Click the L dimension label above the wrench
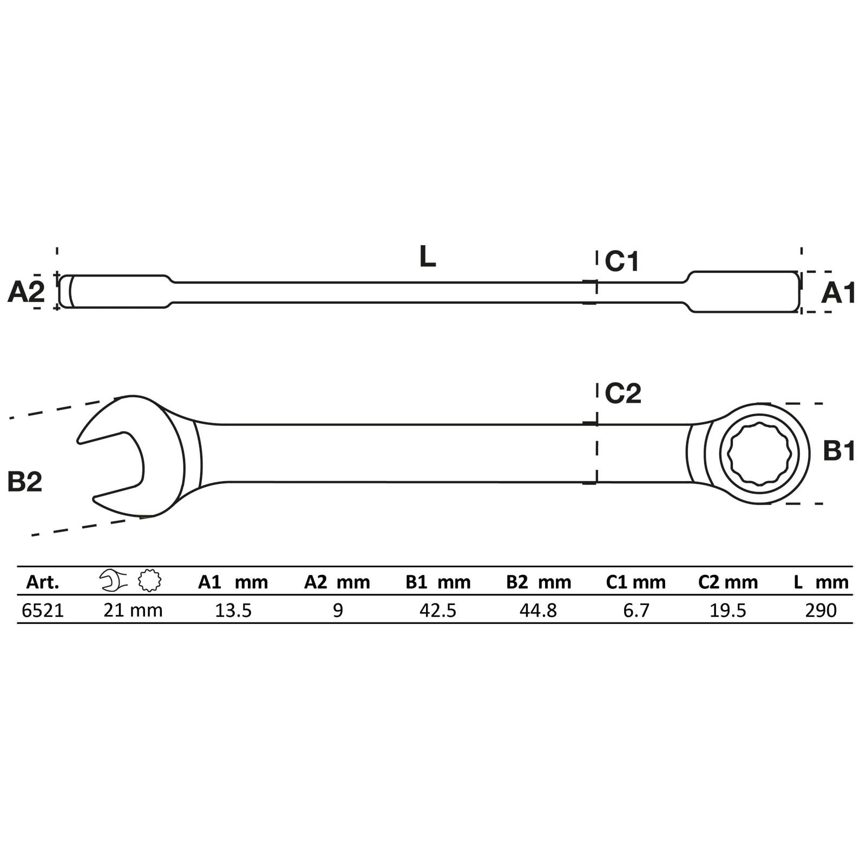pos(428,257)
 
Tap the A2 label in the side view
pos(26,293)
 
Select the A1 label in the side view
pos(838,293)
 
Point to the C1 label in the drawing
pos(622,261)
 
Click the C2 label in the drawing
pos(623,393)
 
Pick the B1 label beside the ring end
pos(839,450)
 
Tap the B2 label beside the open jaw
pos(25,481)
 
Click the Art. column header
pos(43,582)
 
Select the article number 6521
pos(43,611)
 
